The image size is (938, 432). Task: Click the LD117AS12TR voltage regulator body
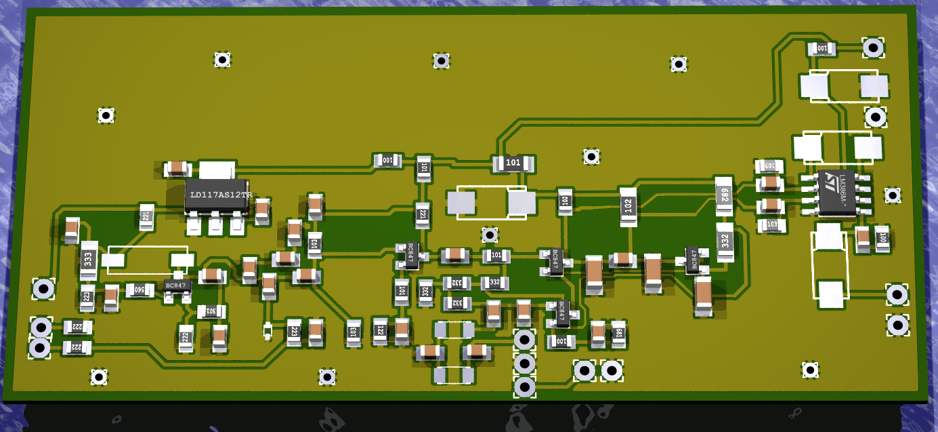(218, 195)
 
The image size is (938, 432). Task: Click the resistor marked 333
(89, 260)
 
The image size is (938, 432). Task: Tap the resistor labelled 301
(210, 311)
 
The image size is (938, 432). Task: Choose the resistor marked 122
(380, 332)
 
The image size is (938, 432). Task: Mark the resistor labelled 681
(618, 334)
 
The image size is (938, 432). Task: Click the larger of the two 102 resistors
(628, 207)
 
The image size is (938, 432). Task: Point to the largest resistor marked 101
(513, 163)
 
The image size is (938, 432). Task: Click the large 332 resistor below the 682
(725, 241)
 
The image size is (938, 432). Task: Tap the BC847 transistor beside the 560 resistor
(176, 286)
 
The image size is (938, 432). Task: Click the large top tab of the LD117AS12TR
(217, 170)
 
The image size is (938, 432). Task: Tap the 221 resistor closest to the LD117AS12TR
(145, 216)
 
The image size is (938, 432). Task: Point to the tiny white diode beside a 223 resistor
(268, 330)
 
